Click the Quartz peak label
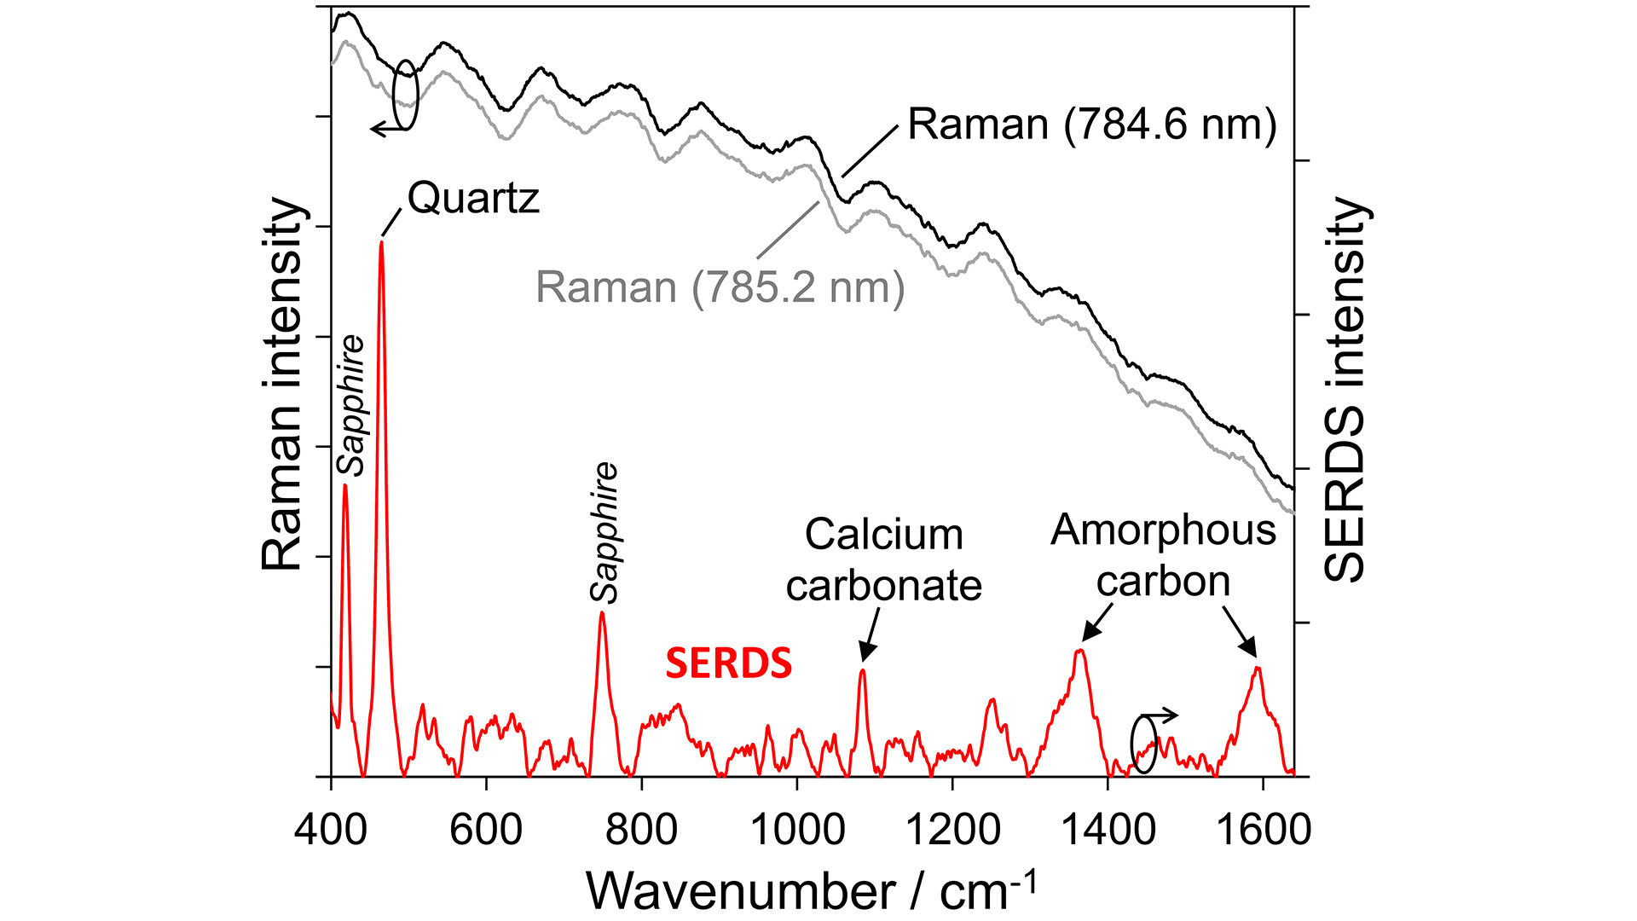tap(473, 198)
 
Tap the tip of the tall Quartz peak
tap(381, 243)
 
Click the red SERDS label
tap(728, 663)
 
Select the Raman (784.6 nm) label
tap(1091, 125)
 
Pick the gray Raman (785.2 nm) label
tap(720, 287)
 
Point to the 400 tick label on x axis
tap(331, 828)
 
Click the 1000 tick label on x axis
tap(796, 828)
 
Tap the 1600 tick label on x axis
tap(1262, 828)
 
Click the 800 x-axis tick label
tap(641, 828)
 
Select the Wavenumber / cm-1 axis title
tap(811, 891)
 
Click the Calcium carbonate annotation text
tap(883, 560)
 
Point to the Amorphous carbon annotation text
tap(1163, 555)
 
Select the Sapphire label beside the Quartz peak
tap(350, 405)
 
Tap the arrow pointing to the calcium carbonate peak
tap(870, 635)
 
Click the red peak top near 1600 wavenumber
tap(1257, 669)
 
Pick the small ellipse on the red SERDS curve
tap(1143, 744)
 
